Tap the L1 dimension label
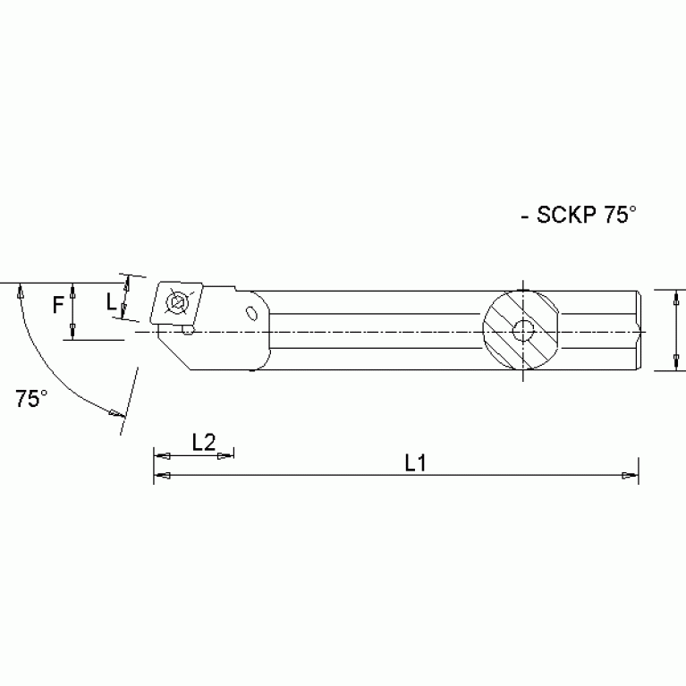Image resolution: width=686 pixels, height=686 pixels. point(414,462)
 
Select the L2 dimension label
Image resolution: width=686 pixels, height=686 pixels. point(204,441)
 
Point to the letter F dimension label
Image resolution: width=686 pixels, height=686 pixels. point(58,306)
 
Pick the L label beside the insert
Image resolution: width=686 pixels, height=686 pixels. point(111,303)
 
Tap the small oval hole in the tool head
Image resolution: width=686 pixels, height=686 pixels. point(252,312)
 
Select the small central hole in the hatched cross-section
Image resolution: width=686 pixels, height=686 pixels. point(521,332)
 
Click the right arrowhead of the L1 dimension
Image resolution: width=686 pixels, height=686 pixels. point(631,477)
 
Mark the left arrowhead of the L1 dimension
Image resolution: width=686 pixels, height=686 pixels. point(162,477)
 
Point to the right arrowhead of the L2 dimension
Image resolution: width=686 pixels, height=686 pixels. point(226,455)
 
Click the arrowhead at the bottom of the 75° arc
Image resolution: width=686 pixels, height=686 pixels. point(114,412)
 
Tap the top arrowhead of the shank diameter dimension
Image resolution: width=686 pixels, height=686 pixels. point(672,296)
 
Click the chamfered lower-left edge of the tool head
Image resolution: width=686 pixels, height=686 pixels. point(177,354)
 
